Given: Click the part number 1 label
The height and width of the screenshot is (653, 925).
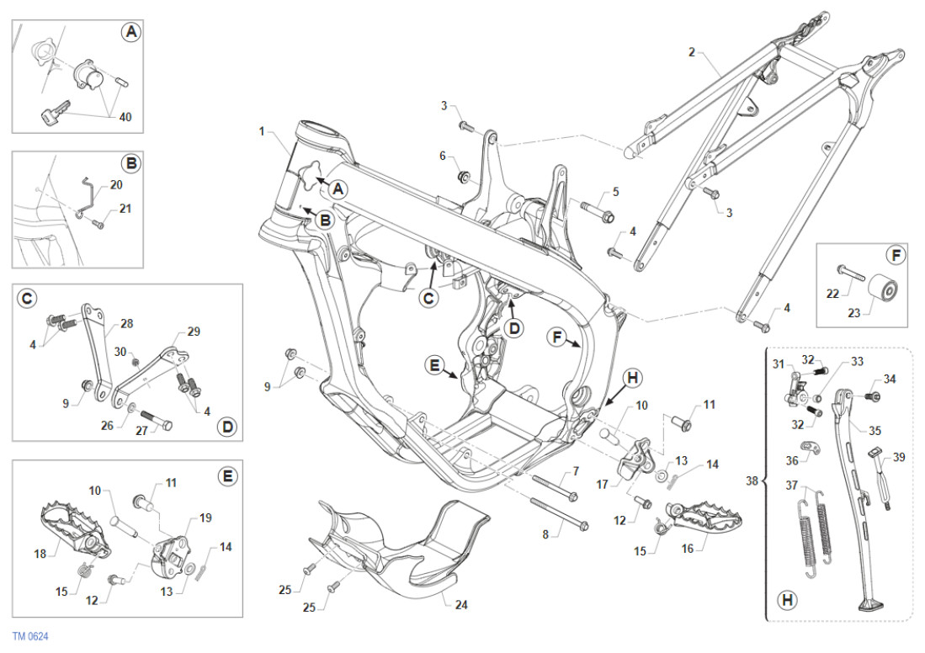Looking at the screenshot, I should tap(262, 131).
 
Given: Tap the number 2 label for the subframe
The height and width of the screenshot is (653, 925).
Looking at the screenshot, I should tap(691, 52).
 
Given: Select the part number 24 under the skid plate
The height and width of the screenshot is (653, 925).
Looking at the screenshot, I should tap(460, 605).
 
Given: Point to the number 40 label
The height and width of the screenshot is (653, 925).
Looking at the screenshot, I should tap(125, 117).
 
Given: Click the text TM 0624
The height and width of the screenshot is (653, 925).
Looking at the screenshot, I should tap(30, 637).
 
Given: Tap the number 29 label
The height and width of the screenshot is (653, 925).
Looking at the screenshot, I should tap(194, 332).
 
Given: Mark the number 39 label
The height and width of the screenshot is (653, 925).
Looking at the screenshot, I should tap(900, 457).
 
